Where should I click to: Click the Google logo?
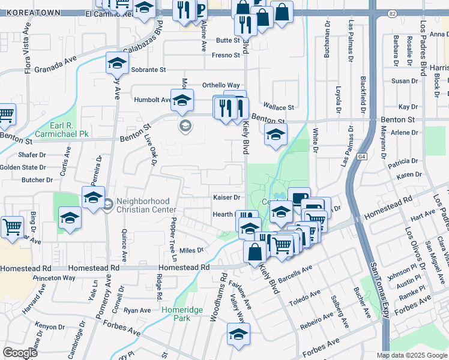[x=20, y=353]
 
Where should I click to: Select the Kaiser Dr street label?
[x=226, y=197]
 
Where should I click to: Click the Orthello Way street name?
[x=220, y=85]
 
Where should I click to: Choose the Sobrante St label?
[x=149, y=70]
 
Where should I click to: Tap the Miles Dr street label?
[x=191, y=250]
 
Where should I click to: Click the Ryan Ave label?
[x=137, y=310]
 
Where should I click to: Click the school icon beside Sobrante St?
[x=117, y=62]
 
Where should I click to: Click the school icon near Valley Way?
[x=238, y=335]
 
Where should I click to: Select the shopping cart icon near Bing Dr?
[x=12, y=227]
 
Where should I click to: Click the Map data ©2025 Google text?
[x=411, y=355]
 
